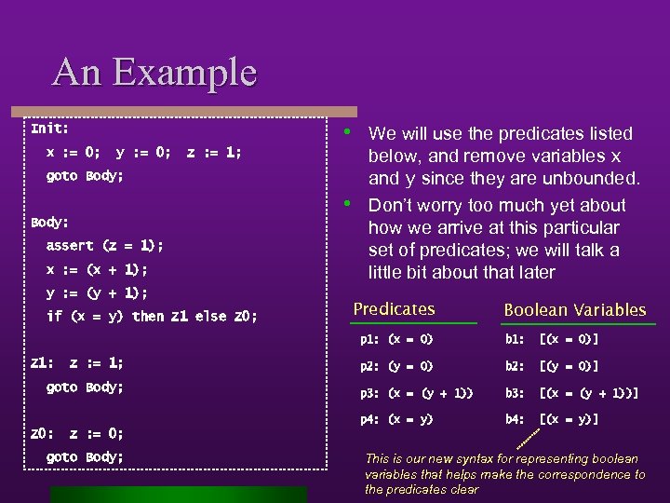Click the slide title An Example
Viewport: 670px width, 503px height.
click(x=154, y=72)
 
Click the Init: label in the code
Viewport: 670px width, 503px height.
click(x=49, y=128)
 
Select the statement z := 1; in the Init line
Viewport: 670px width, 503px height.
click(x=213, y=152)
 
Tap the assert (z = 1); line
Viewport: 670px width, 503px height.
click(x=104, y=246)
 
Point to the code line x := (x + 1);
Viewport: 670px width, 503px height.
click(x=97, y=269)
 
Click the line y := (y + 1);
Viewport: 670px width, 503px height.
click(x=97, y=292)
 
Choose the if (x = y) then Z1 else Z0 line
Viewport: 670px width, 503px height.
click(x=152, y=317)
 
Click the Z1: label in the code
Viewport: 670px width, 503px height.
click(x=41, y=363)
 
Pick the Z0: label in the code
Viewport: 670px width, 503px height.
click(x=41, y=433)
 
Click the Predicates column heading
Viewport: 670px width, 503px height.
click(x=394, y=308)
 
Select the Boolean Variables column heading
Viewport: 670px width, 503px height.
click(x=574, y=309)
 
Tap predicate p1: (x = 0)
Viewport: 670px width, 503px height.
click(x=396, y=340)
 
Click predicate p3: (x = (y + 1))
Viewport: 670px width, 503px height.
click(x=416, y=393)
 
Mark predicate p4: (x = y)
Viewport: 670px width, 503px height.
click(x=396, y=419)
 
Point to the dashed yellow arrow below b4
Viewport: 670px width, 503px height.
click(x=527, y=441)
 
